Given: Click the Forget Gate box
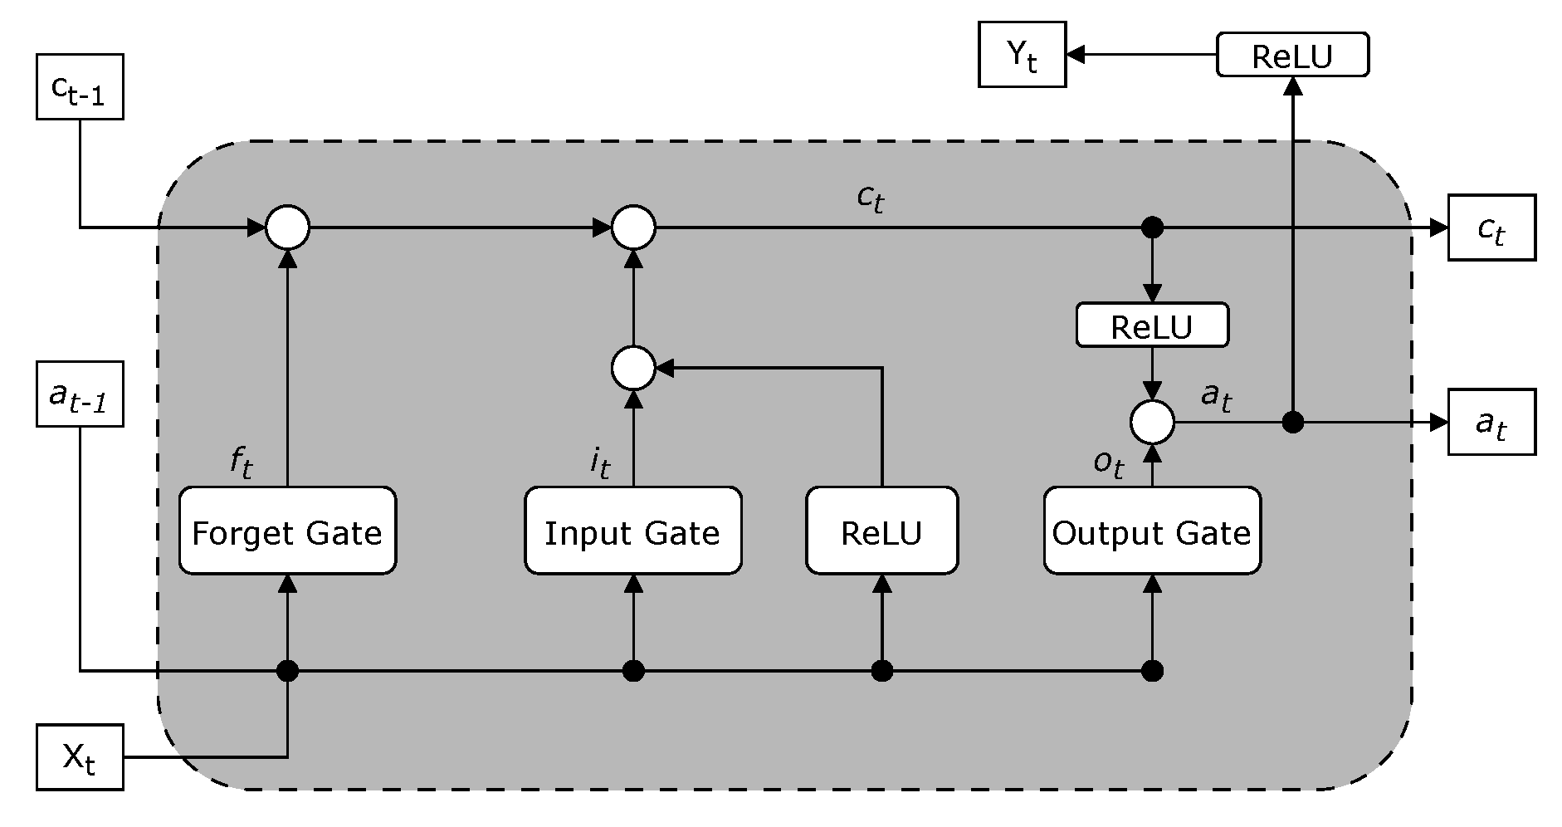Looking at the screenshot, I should point(287,531).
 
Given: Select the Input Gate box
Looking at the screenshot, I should point(632,531).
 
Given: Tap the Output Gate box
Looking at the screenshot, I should point(1151,531).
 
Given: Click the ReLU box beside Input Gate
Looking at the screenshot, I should point(881,531).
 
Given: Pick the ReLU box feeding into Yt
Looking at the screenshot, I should point(1291,56).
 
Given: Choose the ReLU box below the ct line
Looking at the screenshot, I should point(1151,325).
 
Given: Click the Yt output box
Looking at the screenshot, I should point(1022,55).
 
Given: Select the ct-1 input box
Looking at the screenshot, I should point(80,87).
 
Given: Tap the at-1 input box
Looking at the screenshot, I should point(80,394).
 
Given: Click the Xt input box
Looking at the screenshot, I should point(80,756).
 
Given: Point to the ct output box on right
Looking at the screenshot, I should point(1491,228).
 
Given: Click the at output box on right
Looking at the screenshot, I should point(1491,423).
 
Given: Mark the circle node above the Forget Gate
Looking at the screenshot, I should point(287,227).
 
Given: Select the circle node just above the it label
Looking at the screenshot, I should point(632,368).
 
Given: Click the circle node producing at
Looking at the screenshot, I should point(1151,423).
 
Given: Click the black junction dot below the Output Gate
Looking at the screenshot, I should point(1151,670).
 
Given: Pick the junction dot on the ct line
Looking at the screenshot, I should point(1151,227).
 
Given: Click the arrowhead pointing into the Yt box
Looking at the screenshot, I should point(1076,55).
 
